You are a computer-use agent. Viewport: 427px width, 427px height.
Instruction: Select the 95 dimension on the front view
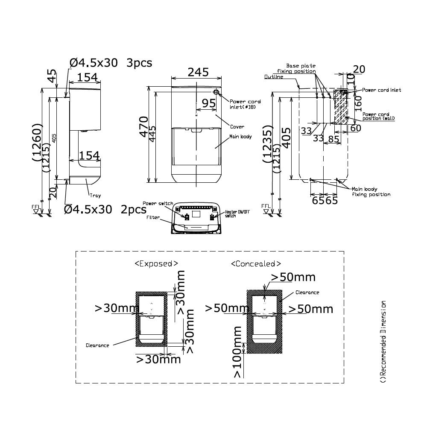coord(208,103)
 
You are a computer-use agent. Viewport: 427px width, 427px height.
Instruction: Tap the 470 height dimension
coord(144,124)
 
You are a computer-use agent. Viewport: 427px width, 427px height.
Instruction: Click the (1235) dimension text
coord(268,144)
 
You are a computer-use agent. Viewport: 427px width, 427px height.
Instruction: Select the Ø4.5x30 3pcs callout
coord(111,63)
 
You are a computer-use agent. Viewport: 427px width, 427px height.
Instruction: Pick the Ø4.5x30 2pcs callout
coord(99,209)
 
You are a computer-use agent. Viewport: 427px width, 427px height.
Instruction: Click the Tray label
coord(95,196)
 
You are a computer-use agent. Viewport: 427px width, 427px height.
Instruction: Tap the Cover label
coord(237,127)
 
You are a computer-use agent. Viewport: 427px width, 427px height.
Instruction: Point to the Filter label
coord(153,217)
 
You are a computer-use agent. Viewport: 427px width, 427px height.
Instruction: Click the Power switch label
coord(158,204)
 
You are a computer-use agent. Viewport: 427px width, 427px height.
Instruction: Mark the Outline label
coord(273,77)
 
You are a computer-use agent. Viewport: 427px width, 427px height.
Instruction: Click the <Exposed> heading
coord(156,263)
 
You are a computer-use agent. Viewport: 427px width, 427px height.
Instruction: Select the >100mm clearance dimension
coord(237,352)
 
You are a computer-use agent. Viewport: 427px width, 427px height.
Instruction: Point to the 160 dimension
coord(358,101)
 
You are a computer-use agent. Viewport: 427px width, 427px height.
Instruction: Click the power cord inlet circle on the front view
coord(216,92)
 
